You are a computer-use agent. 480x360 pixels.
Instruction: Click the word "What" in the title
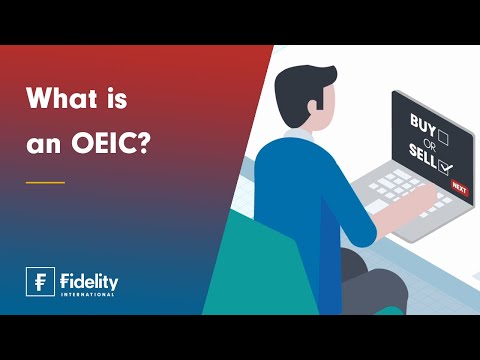point(56,101)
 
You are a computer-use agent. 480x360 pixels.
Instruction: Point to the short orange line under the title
point(44,182)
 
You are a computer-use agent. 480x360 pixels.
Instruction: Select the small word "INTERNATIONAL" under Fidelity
point(88,294)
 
